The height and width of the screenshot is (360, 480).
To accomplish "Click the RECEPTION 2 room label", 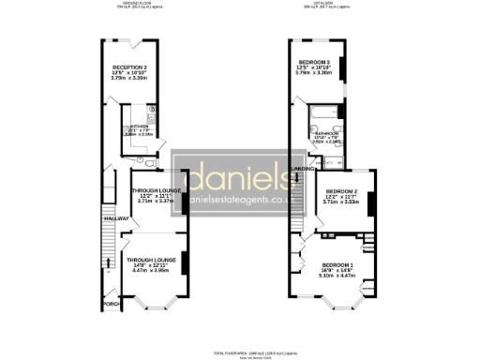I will (132, 67).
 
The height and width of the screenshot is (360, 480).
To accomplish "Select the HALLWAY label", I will (113, 217).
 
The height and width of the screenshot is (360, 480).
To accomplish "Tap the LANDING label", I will (303, 169).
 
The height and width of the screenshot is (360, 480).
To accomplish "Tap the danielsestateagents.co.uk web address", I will (241, 200).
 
